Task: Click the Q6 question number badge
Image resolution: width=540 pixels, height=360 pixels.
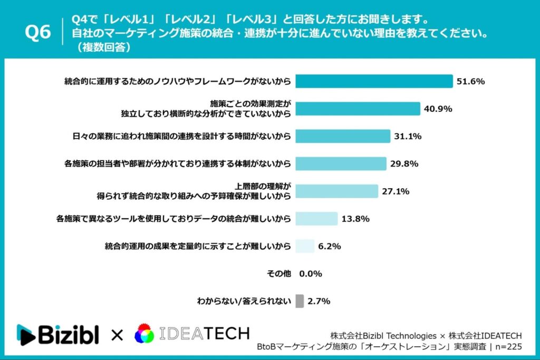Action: coord(38,33)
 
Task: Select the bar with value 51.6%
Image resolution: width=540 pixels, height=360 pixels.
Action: coord(374,81)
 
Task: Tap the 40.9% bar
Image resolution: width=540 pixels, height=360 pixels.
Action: coord(358,109)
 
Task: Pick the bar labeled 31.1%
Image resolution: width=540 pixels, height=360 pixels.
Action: coord(343,136)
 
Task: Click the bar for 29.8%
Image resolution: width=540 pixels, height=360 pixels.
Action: coord(341,163)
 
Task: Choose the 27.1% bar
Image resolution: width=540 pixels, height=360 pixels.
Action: coord(336,191)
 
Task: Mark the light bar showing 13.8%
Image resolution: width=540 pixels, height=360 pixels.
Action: coord(316,219)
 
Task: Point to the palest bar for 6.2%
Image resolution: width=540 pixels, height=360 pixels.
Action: coord(305,246)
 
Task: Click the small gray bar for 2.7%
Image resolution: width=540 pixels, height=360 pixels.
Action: coord(300,301)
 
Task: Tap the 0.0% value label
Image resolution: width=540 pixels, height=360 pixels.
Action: coord(311,274)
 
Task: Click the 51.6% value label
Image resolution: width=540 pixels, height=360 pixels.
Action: coord(470,81)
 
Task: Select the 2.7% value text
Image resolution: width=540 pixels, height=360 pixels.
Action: coord(319,301)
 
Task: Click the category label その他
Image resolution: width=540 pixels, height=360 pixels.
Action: coord(279,274)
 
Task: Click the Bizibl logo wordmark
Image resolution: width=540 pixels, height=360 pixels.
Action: coord(58,335)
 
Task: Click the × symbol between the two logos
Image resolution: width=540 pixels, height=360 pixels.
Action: coord(117,335)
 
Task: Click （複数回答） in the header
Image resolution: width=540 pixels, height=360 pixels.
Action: coord(102,47)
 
